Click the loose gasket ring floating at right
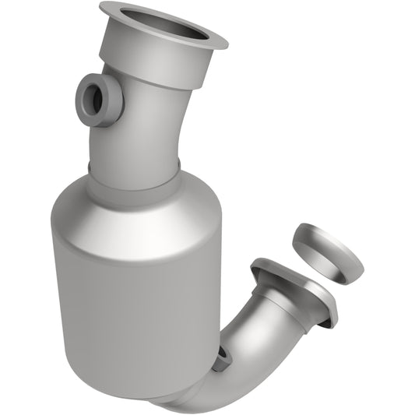[x=327, y=253]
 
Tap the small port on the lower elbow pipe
[x=223, y=355]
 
